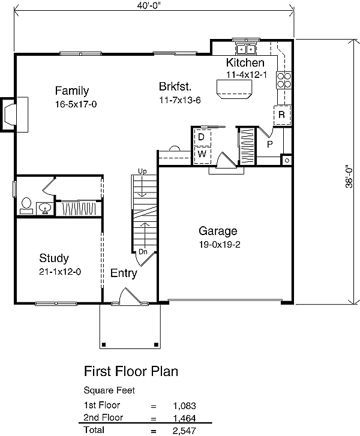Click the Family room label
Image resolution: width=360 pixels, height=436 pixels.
point(72,91)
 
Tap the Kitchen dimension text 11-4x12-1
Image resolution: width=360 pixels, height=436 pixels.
point(246,75)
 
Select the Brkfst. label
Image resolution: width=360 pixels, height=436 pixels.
point(175,86)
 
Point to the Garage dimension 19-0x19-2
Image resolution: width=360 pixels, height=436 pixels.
point(220,245)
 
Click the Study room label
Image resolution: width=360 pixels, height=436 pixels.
point(54,258)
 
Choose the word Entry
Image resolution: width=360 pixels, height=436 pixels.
point(124,273)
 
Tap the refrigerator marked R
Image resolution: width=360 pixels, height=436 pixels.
point(282,115)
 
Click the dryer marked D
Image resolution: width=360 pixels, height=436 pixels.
point(202,137)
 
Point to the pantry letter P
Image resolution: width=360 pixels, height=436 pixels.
point(269,145)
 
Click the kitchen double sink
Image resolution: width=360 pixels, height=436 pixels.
point(246,49)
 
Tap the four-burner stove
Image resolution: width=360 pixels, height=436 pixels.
point(284,80)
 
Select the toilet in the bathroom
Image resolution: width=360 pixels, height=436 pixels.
point(26,206)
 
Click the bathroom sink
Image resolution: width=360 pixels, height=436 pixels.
point(44,208)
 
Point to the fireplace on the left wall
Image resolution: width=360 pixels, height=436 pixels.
point(14,115)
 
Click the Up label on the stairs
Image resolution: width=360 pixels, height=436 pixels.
point(142,172)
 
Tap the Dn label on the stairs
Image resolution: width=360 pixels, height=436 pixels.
point(143,252)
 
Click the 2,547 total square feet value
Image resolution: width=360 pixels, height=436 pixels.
point(184,431)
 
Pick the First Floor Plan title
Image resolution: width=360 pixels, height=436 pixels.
point(131,371)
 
